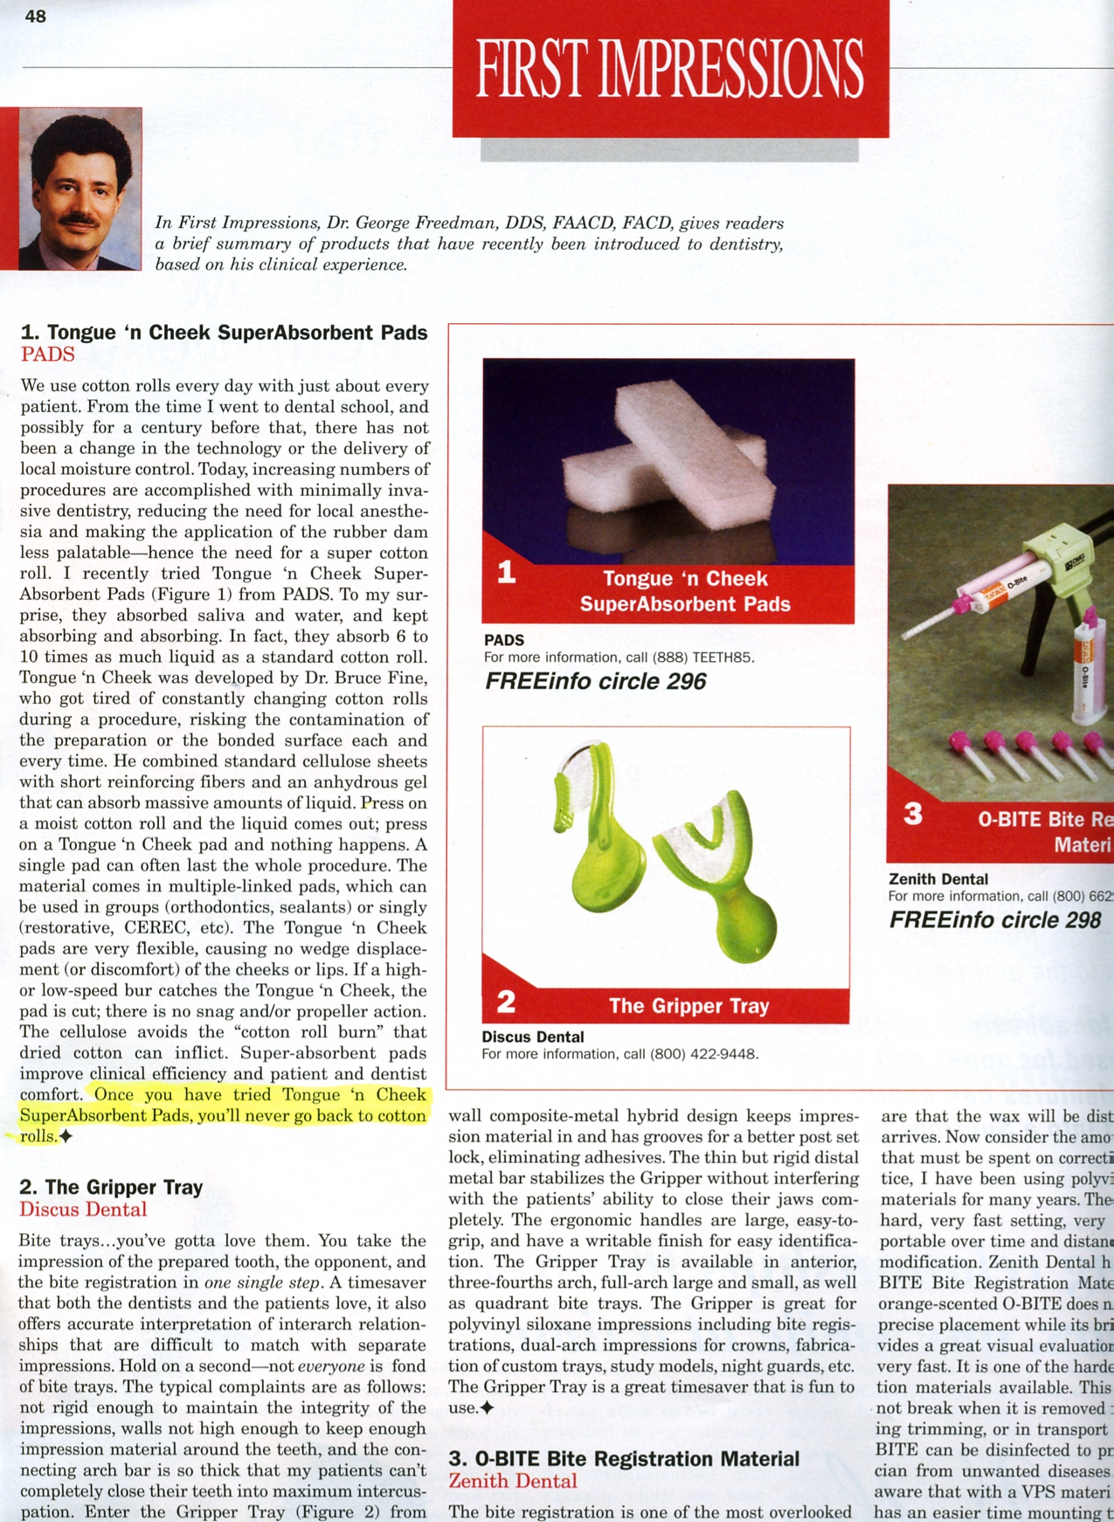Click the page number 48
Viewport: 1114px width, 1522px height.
pyautogui.click(x=36, y=17)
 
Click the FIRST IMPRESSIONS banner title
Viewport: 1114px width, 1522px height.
pyautogui.click(x=669, y=69)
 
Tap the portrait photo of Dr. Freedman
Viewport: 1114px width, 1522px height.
pyautogui.click(x=80, y=189)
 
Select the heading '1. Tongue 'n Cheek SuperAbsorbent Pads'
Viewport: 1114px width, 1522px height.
pyautogui.click(x=224, y=333)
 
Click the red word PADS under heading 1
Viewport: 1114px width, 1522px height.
pyautogui.click(x=48, y=355)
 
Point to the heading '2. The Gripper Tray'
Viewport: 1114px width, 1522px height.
pyautogui.click(x=111, y=1188)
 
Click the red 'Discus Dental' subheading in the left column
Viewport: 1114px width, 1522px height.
pyautogui.click(x=83, y=1209)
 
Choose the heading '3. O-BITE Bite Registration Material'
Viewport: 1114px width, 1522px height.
pyautogui.click(x=624, y=1459)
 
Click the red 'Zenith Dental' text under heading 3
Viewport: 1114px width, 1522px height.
pyautogui.click(x=513, y=1481)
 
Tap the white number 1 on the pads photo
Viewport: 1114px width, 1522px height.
pyautogui.click(x=507, y=572)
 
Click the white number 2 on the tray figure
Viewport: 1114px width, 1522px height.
pyautogui.click(x=506, y=1002)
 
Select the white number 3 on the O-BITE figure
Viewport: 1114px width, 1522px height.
pyautogui.click(x=913, y=814)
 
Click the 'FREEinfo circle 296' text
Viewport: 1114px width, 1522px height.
pyautogui.click(x=595, y=682)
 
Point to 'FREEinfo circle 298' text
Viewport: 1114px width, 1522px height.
pyautogui.click(x=995, y=920)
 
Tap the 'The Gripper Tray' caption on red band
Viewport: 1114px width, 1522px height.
pyautogui.click(x=688, y=1006)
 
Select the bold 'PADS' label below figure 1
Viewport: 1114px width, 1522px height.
pyautogui.click(x=504, y=640)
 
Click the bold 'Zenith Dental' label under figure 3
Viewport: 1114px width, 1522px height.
pyautogui.click(x=938, y=879)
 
